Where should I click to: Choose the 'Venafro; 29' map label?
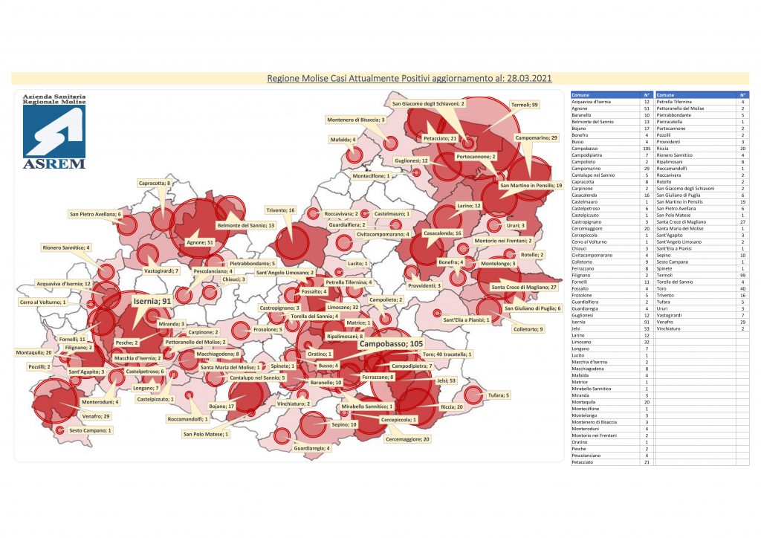coord(96,416)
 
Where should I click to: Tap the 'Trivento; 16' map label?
coord(280,210)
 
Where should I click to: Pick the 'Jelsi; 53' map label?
coord(447,380)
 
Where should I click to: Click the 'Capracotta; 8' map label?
coord(155,182)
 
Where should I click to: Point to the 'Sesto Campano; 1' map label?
coord(91,430)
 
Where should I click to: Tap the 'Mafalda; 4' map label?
coord(343,139)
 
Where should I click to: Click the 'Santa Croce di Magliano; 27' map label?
coord(524,287)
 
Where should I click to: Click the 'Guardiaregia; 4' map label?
coord(312,448)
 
